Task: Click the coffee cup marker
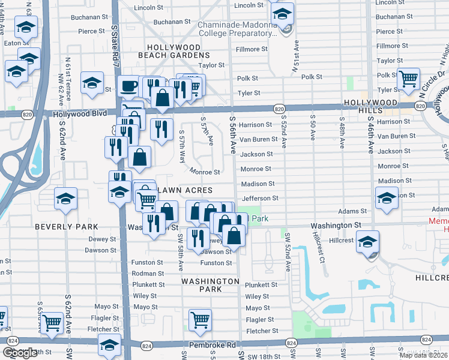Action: coord(127,86)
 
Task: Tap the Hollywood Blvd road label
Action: coord(79,113)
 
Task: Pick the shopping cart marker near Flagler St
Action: coord(199,320)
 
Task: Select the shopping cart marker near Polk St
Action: coord(408,78)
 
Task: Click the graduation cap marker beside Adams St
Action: coord(387,197)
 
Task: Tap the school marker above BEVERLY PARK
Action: coord(65,199)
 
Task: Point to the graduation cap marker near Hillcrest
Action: coord(367,242)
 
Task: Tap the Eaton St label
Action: coord(16,43)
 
